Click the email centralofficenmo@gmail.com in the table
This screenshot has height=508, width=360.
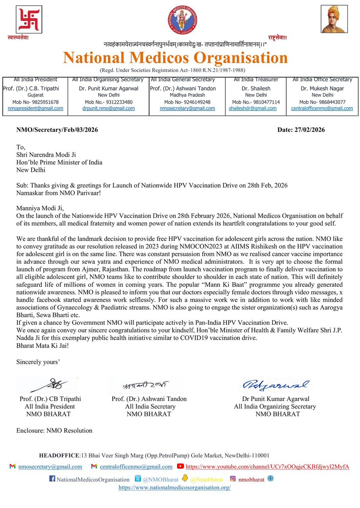(x=322, y=108)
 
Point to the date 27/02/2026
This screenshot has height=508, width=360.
(x=301, y=130)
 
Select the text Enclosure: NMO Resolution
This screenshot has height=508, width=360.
(x=54, y=431)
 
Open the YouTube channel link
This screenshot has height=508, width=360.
(x=267, y=467)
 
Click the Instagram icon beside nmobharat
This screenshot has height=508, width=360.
(x=233, y=479)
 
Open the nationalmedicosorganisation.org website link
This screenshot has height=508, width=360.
(x=174, y=488)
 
